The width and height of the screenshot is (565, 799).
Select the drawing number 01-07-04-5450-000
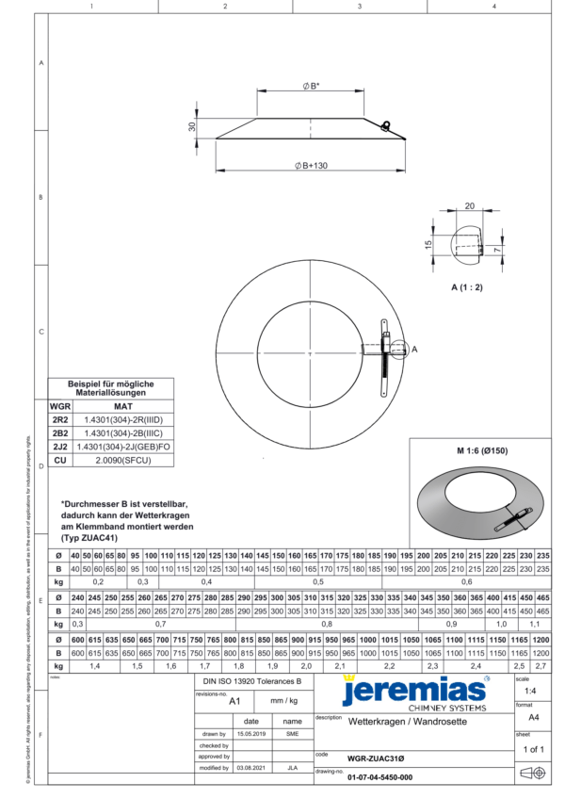(379, 777)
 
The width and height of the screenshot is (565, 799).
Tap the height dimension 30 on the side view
(191, 126)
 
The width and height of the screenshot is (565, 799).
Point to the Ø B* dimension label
(310, 86)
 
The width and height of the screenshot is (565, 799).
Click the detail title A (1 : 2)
(466, 285)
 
